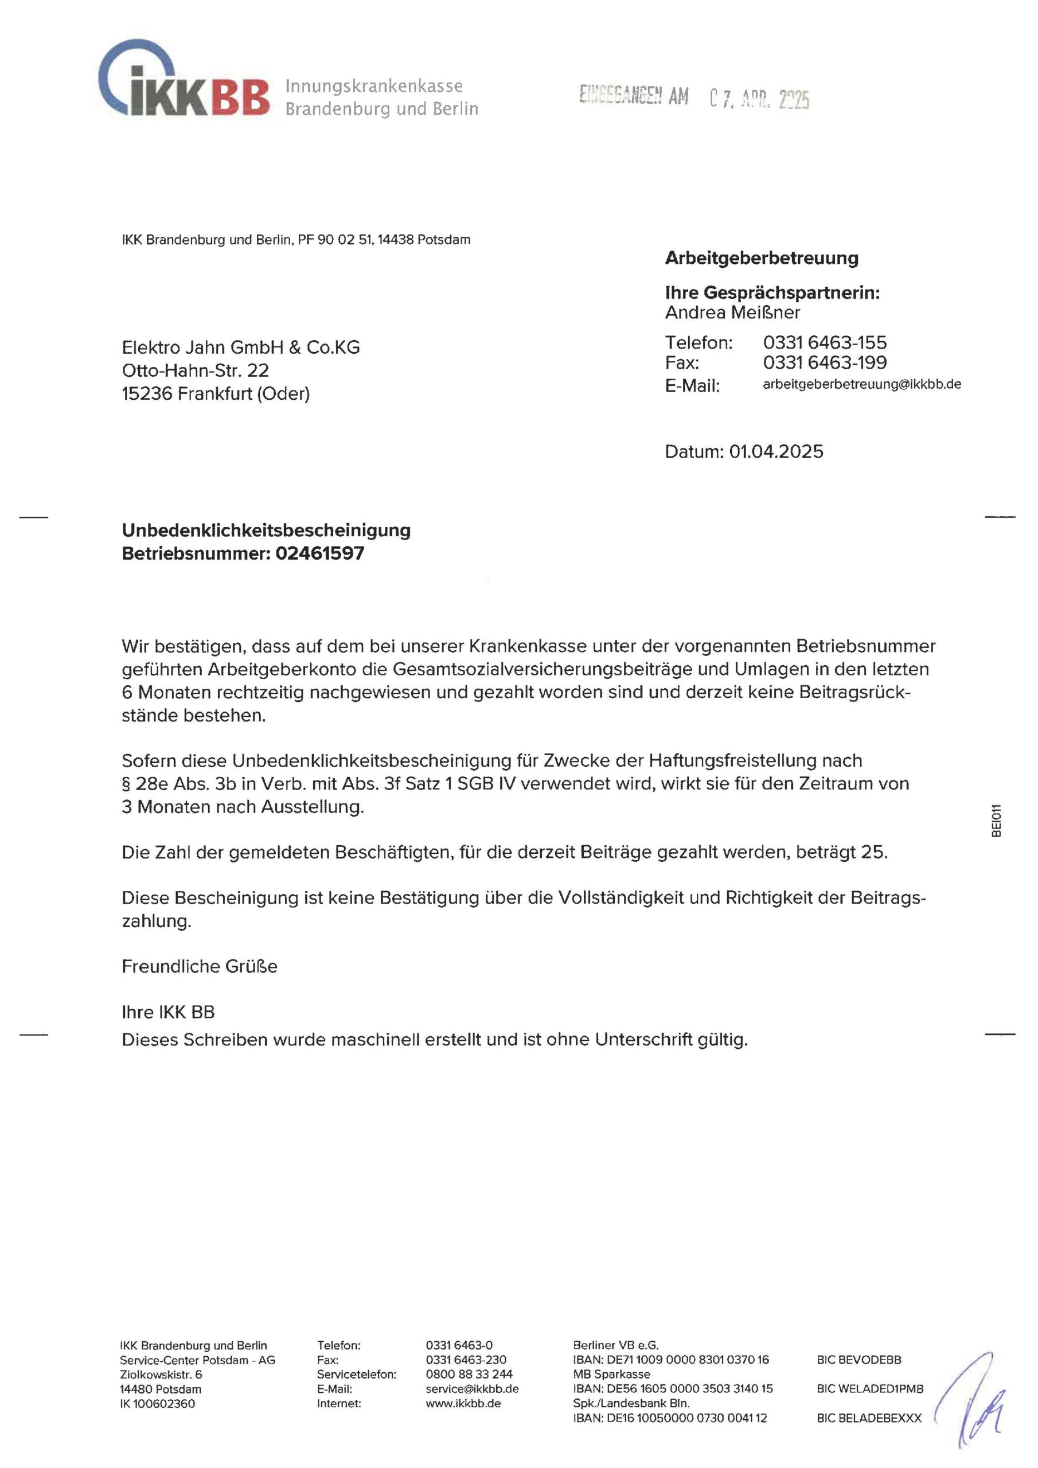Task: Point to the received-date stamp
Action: pos(694,97)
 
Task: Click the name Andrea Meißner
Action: pos(732,313)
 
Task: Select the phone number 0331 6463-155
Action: pos(825,343)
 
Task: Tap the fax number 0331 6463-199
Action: pos(825,362)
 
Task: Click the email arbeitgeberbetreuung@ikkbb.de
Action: pos(861,384)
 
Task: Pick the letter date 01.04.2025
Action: pos(776,451)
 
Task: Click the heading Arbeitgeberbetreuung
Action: pos(761,258)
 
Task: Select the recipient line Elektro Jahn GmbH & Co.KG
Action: pos(240,347)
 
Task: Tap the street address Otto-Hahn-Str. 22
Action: pos(195,370)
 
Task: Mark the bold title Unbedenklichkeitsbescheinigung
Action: pos(266,530)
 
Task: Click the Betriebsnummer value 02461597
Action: pos(320,553)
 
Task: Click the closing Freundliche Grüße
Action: pos(200,966)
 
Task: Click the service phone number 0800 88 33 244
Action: pos(469,1374)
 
